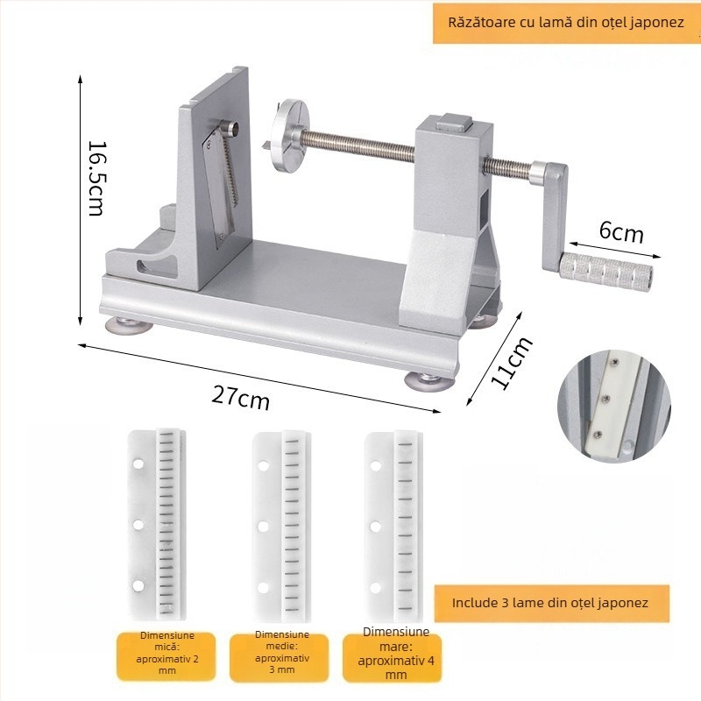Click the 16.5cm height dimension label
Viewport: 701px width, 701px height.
click(96, 179)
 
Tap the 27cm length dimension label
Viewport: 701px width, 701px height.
click(240, 397)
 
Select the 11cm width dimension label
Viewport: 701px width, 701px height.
click(512, 362)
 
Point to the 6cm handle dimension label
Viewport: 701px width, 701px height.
click(621, 232)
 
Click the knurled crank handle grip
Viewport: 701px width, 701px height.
click(605, 270)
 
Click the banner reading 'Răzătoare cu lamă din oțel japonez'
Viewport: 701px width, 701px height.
click(566, 24)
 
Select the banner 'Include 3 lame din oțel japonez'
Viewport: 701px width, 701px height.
click(551, 603)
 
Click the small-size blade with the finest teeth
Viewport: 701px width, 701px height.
click(157, 524)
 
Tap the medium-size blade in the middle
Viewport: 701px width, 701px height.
click(281, 527)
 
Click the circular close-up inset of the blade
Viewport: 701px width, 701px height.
click(614, 406)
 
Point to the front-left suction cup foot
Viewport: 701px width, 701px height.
click(129, 326)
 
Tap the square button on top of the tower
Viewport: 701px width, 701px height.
click(454, 122)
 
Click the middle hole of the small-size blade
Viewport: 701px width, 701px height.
click(138, 524)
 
